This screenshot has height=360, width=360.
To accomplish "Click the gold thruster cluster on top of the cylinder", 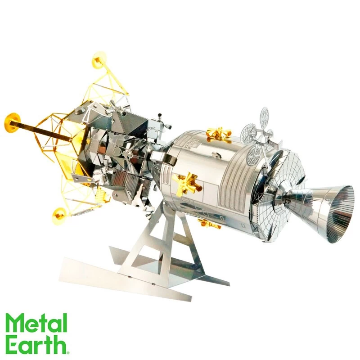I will (218, 134).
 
